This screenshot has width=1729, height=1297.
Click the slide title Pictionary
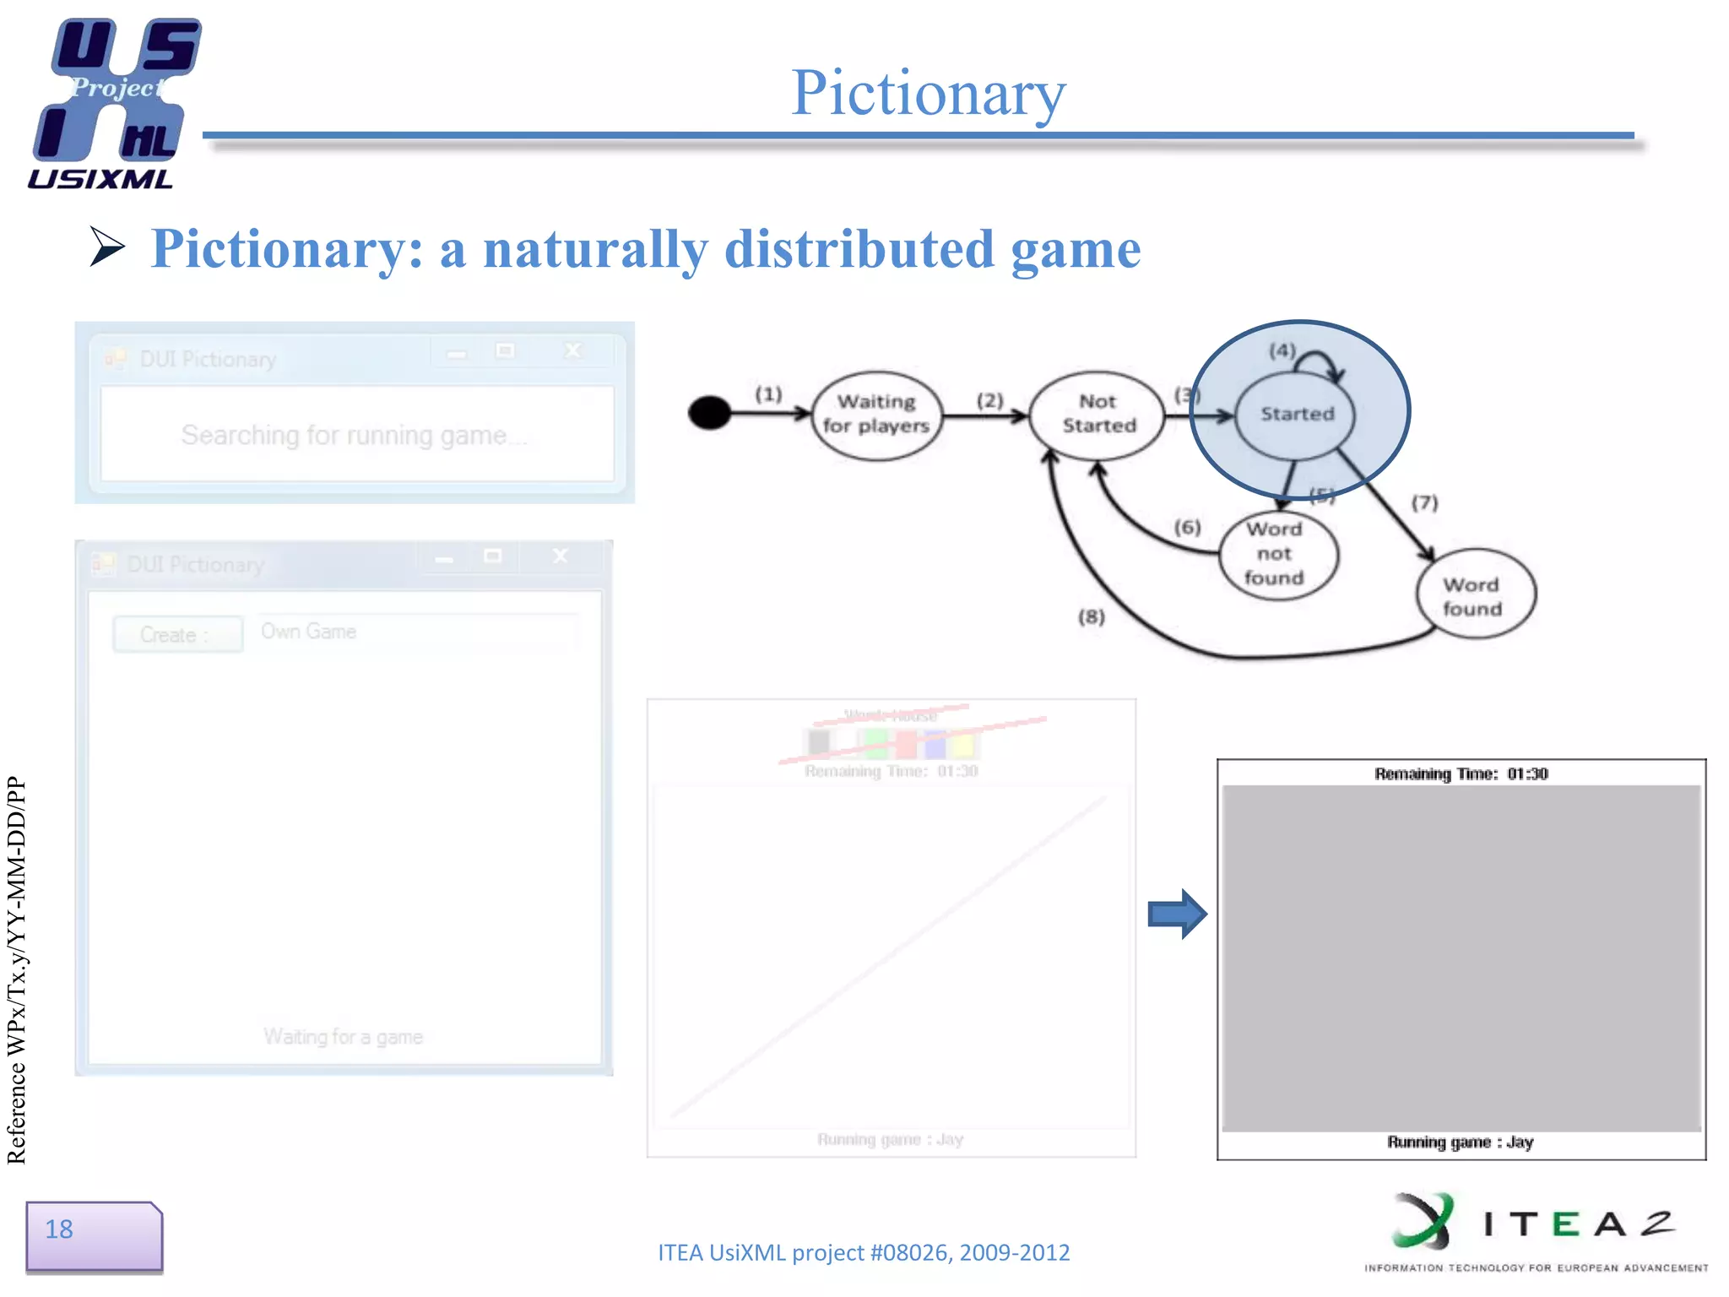(928, 93)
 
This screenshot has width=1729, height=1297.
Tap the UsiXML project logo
(114, 101)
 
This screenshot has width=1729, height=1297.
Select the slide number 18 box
(93, 1235)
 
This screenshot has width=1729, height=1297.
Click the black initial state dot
(709, 413)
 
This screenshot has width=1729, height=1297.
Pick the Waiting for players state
(876, 414)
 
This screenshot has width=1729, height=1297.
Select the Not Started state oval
(1098, 414)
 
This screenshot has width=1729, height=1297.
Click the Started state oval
(1297, 414)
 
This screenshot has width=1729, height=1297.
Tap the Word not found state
(1276, 554)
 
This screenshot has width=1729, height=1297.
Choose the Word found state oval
(1474, 595)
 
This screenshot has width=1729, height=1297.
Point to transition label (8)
(1091, 617)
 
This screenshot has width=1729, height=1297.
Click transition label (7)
(1425, 503)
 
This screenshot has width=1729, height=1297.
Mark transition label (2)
(989, 400)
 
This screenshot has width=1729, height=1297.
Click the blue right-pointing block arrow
(1177, 914)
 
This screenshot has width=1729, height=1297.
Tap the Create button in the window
(177, 635)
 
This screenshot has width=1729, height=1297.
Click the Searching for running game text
(353, 436)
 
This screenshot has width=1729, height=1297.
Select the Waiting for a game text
(343, 1037)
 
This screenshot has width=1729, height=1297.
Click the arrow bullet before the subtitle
(107, 247)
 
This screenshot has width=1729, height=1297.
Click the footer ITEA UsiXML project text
(863, 1252)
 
